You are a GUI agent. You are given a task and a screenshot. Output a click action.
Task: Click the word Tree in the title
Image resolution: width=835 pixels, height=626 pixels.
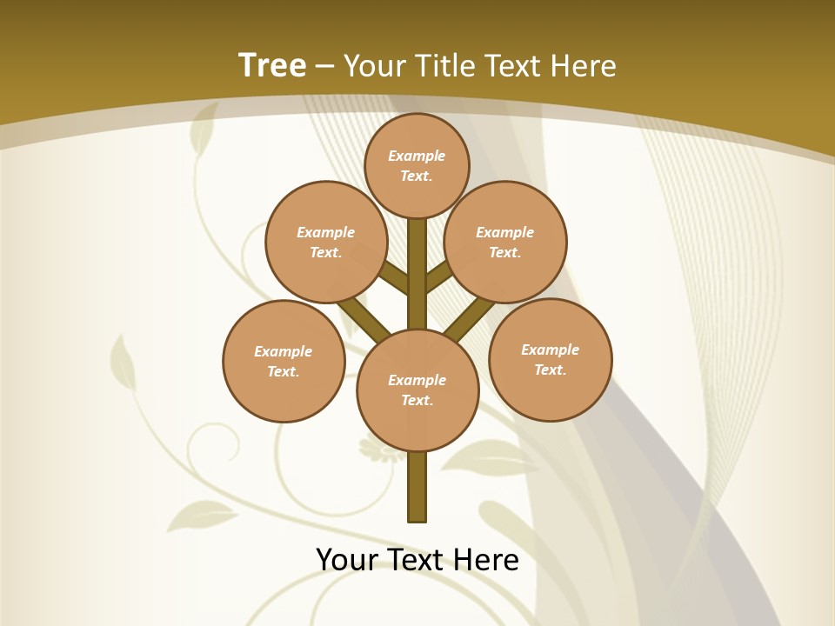[272, 66]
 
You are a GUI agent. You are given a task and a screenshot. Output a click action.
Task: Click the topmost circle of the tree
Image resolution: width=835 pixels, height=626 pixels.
[417, 165]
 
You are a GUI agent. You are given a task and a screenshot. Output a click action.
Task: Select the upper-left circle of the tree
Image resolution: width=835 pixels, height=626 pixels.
[326, 242]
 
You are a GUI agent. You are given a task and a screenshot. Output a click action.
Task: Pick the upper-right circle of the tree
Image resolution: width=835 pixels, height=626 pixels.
[505, 242]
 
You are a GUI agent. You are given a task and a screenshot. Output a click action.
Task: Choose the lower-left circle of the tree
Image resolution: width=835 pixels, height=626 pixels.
[284, 361]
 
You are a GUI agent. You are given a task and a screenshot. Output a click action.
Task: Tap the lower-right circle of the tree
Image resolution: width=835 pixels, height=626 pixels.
[550, 359]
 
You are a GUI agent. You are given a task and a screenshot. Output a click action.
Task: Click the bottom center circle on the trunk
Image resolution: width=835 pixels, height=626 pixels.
[417, 390]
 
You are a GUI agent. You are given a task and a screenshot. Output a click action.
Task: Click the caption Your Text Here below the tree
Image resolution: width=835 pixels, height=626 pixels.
[417, 560]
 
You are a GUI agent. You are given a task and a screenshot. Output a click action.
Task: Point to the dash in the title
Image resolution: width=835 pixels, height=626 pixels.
[325, 66]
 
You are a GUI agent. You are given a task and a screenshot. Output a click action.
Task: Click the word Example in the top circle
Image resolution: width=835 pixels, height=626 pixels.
[417, 156]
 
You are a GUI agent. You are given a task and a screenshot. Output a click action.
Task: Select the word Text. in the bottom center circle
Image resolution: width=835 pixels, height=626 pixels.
[417, 400]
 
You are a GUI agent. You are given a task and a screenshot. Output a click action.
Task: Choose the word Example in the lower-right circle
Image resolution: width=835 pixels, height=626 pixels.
[550, 350]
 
